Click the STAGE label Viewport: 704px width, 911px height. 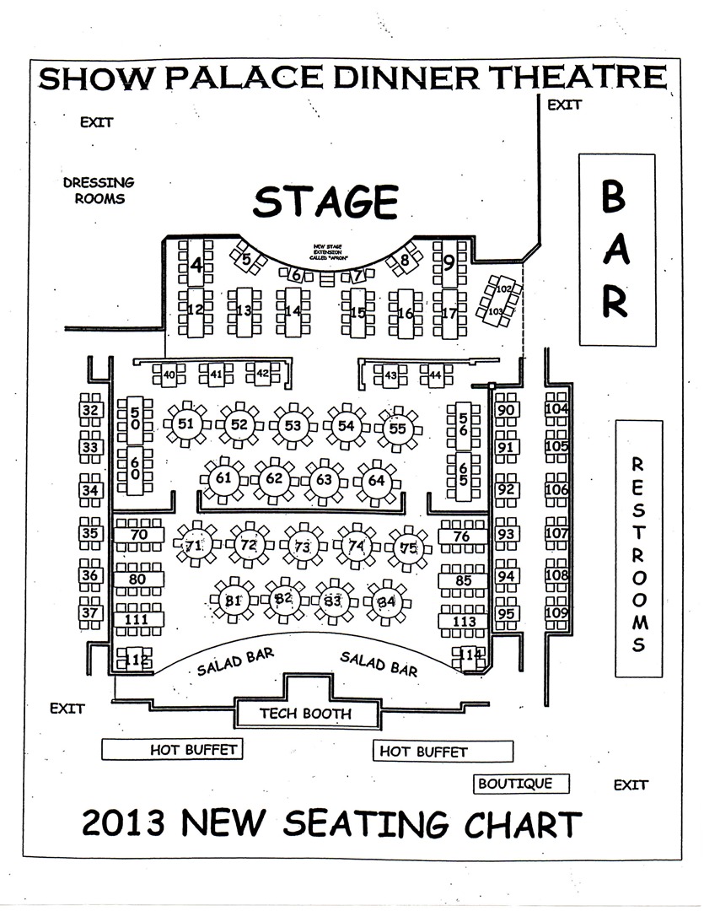click(x=325, y=202)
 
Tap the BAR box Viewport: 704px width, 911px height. click(x=615, y=249)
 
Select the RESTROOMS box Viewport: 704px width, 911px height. click(x=638, y=548)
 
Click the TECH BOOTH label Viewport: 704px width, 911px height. click(x=304, y=714)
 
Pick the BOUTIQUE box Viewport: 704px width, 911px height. click(x=515, y=784)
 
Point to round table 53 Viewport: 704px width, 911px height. click(x=293, y=426)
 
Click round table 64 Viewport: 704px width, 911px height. click(x=376, y=480)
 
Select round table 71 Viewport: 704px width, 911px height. click(x=195, y=546)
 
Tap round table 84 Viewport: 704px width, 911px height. click(x=386, y=601)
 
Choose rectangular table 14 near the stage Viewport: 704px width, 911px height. click(x=293, y=311)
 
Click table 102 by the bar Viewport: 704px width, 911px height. click(x=503, y=289)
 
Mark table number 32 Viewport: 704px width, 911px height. click(x=91, y=411)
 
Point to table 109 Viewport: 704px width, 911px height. click(x=556, y=613)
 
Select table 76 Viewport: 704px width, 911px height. click(x=461, y=536)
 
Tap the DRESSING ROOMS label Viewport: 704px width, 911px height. click(x=99, y=191)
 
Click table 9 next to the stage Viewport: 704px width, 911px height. click(x=449, y=261)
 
